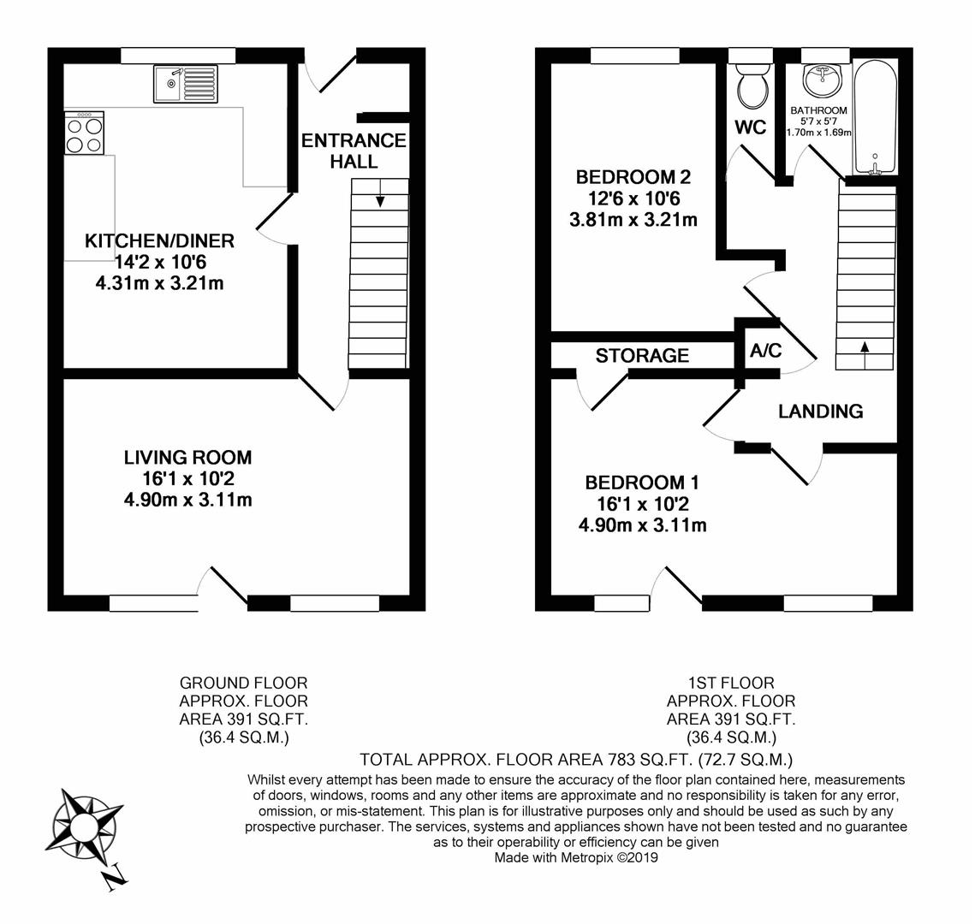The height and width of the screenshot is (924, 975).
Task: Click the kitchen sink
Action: [x=185, y=83]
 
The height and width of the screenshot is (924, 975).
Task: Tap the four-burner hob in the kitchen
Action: [x=84, y=133]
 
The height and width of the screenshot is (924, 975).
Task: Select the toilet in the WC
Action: [x=751, y=86]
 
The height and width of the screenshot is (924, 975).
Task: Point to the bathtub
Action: [x=876, y=117]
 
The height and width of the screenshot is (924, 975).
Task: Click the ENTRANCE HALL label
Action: [x=354, y=151]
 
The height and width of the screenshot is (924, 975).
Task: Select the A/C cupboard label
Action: [x=765, y=351]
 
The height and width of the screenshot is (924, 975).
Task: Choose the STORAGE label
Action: [x=642, y=355]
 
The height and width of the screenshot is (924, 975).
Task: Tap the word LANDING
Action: [x=821, y=411]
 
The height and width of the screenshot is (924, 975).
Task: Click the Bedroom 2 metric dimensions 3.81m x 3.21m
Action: [x=633, y=220]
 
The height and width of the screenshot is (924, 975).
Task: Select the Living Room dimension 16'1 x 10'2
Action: [x=187, y=478]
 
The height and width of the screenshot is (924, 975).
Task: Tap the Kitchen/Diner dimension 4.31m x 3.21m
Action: [x=160, y=283]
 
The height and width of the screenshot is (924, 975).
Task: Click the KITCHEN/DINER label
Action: [x=159, y=240]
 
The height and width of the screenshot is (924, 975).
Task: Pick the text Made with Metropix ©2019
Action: [x=576, y=858]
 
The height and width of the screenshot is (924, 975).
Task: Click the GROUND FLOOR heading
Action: [x=244, y=683]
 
